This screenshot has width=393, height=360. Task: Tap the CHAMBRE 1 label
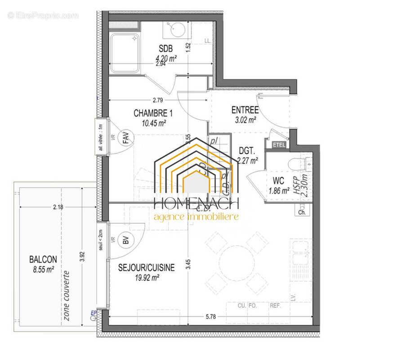(x=153, y=113)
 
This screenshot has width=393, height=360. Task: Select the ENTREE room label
(x=245, y=110)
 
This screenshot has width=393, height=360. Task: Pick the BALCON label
(x=43, y=259)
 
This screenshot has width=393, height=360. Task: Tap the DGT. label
(x=247, y=151)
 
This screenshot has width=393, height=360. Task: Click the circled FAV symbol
(x=126, y=139)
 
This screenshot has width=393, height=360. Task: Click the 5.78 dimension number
(x=210, y=317)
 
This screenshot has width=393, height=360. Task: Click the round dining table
(x=237, y=262)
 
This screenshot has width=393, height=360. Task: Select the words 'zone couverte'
(x=67, y=295)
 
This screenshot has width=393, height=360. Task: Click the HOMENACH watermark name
(x=196, y=204)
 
